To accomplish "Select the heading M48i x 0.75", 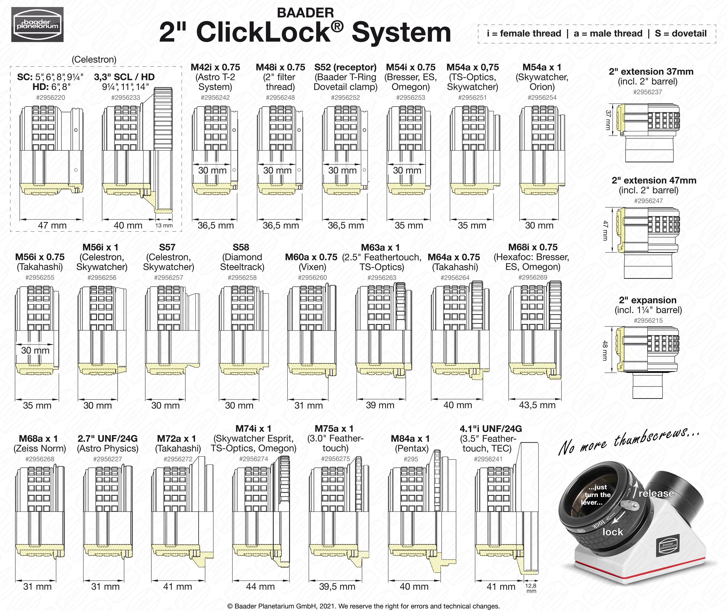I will [280, 67].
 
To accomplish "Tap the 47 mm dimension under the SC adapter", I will [52, 225].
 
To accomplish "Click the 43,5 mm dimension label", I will [537, 405].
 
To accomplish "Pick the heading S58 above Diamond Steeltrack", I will [241, 247].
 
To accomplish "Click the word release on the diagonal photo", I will [656, 493].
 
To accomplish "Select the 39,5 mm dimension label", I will [337, 587].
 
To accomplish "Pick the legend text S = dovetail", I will [680, 33].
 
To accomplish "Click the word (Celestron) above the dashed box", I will [94, 59].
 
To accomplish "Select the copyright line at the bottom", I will [363, 606].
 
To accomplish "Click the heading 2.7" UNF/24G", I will [107, 439].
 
